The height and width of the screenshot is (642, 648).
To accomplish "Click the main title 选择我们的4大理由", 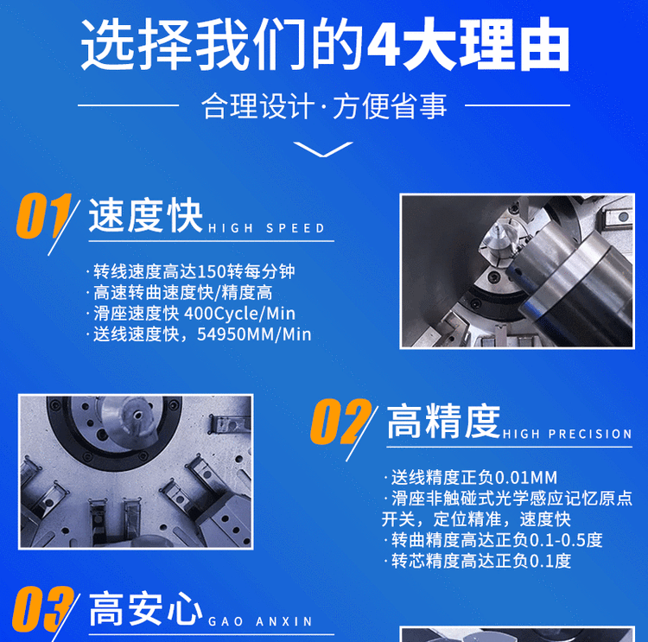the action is pyautogui.click(x=325, y=44).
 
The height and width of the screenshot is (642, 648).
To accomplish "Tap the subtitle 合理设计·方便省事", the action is pyautogui.click(x=324, y=106).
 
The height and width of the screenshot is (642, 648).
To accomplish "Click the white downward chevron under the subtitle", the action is pyautogui.click(x=323, y=149).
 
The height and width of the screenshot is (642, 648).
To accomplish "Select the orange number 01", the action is pyautogui.click(x=42, y=216).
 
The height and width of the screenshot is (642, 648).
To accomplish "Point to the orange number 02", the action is pyautogui.click(x=340, y=422).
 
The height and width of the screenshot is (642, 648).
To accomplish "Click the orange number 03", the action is pyautogui.click(x=42, y=609).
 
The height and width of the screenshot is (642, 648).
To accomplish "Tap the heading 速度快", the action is pyautogui.click(x=145, y=216).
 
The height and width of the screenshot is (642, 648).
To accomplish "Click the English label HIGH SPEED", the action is pyautogui.click(x=267, y=228).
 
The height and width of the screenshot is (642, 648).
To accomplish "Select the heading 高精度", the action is pyautogui.click(x=443, y=421).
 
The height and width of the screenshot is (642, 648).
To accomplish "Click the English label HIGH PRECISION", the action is pyautogui.click(x=567, y=434).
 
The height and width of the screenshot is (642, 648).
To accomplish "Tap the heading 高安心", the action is pyautogui.click(x=145, y=608).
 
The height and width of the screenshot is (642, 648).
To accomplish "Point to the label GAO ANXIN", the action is pyautogui.click(x=260, y=621).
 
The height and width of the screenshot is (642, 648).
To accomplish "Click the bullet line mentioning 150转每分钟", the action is pyautogui.click(x=191, y=271).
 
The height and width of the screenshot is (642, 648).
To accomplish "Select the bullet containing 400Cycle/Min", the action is pyautogui.click(x=191, y=314).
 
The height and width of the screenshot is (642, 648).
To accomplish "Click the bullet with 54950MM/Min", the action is pyautogui.click(x=199, y=334).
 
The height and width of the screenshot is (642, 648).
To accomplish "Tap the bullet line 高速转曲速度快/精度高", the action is pyautogui.click(x=180, y=293).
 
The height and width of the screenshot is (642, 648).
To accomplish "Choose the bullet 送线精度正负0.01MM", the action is pyautogui.click(x=471, y=478).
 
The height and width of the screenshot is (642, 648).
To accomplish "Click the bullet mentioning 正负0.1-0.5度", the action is pyautogui.click(x=493, y=540).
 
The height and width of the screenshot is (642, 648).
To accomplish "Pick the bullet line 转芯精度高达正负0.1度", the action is pyautogui.click(x=477, y=561).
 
